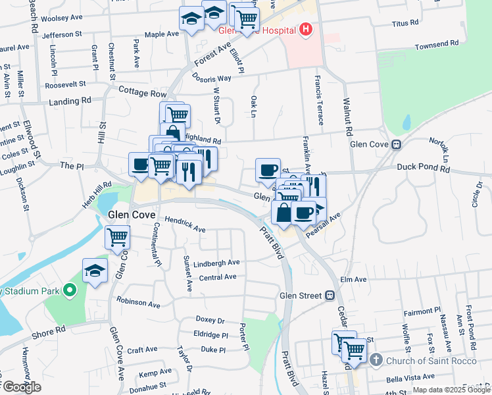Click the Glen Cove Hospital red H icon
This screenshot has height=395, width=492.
coord(305,30)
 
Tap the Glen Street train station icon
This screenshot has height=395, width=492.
coord(330,296)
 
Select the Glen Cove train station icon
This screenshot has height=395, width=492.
coord(396,144)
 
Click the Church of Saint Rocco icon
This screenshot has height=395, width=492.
coord(376,359)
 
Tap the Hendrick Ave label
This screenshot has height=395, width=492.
coord(185,225)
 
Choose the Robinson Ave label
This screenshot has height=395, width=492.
coord(139,304)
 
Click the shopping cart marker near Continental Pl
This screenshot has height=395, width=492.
coord(118,237)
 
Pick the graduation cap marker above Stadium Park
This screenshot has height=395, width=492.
coord(95,270)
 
